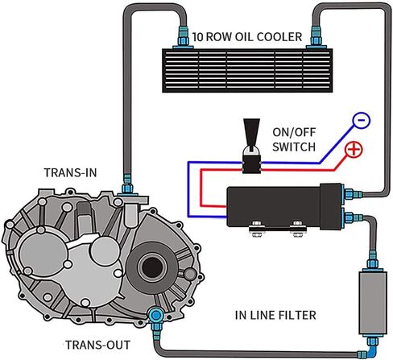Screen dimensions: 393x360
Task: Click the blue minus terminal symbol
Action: coord(362,120)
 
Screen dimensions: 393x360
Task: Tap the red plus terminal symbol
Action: coord(354,150)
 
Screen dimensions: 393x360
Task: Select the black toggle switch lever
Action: coord(251,134)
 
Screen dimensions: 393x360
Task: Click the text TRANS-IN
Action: coord(70,173)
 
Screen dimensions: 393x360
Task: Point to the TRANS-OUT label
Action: coord(97,345)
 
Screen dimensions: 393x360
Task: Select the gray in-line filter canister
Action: coord(373,303)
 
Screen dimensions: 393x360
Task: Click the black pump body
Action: coord(284,206)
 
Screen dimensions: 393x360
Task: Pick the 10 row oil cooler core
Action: coord(247,71)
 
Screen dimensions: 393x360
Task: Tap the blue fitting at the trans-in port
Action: coord(127,184)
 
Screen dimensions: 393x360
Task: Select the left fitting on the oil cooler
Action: coord(183,38)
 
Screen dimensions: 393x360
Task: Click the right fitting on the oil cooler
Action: coord(316,38)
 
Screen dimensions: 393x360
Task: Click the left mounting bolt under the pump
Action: coord(257,229)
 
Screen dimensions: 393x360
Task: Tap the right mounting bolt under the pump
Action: coord(298,229)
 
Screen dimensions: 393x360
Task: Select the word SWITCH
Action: coord(294,147)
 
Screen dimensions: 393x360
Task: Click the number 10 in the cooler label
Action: coord(198,37)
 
